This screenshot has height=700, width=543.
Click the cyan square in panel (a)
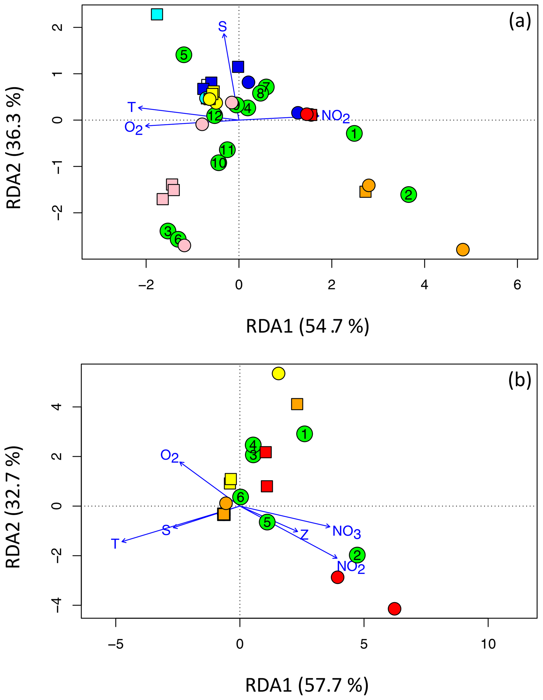[157, 14]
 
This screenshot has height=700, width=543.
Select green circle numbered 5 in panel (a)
[184, 55]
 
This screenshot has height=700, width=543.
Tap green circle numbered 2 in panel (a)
[408, 195]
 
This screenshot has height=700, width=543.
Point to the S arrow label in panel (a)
[223, 26]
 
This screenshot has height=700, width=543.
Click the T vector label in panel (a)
[132, 107]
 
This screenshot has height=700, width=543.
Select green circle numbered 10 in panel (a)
[219, 163]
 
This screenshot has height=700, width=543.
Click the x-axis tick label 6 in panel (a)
[517, 285]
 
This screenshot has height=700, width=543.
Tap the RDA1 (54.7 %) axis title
[307, 326]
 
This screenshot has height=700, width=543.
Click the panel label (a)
[520, 22]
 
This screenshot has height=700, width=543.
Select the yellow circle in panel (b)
[278, 373]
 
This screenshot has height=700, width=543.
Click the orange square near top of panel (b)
[297, 404]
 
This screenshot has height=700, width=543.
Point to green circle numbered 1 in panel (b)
[304, 434]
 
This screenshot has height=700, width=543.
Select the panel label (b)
[520, 381]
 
